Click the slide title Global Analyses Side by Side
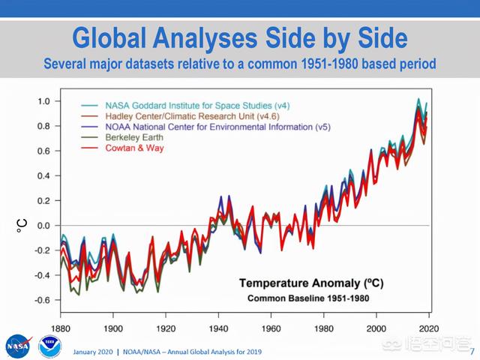point(239,38)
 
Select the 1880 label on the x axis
point(61,328)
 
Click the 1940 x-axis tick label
point(218,328)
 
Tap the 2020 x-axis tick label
point(428,328)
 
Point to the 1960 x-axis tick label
point(271,328)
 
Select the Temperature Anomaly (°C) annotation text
point(308,283)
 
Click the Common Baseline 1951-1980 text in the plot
point(308,298)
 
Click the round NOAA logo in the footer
point(49,346)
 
